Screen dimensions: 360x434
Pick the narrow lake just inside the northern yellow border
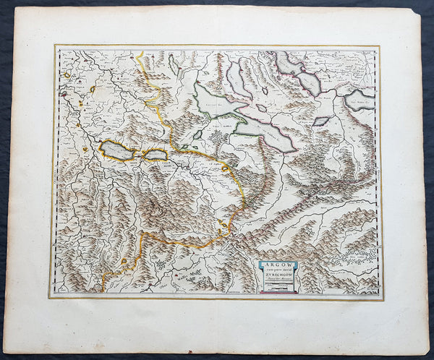[x=174, y=67]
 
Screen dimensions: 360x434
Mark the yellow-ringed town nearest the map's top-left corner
[x=69, y=73]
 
